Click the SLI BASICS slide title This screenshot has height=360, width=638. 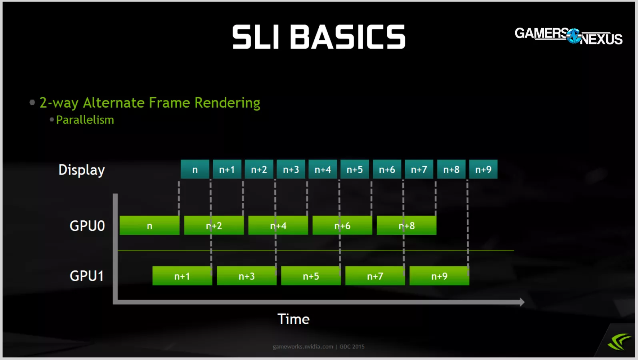click(x=319, y=37)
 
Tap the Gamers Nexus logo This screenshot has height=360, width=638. click(x=568, y=36)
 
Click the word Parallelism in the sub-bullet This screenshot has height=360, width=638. click(x=85, y=120)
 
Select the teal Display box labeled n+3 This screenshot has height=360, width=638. click(x=291, y=170)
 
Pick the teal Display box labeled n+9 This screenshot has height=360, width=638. click(x=483, y=170)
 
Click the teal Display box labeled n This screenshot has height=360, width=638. click(x=195, y=170)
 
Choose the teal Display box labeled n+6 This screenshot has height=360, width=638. click(x=387, y=170)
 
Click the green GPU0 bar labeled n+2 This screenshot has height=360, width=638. click(x=214, y=226)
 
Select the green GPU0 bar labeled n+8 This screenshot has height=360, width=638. click(x=406, y=226)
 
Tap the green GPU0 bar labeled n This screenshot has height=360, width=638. click(x=150, y=226)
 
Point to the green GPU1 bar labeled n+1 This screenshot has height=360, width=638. click(x=182, y=276)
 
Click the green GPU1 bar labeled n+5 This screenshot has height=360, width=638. click(x=311, y=276)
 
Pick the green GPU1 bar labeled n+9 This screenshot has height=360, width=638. click(x=439, y=276)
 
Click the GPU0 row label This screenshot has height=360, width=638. click(x=87, y=226)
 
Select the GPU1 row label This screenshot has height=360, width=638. click(x=87, y=276)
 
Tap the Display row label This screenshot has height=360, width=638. click(x=82, y=170)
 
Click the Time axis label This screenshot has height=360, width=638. click(x=294, y=319)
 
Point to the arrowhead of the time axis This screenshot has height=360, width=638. click(x=522, y=302)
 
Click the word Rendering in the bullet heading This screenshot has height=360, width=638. click(x=227, y=103)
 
